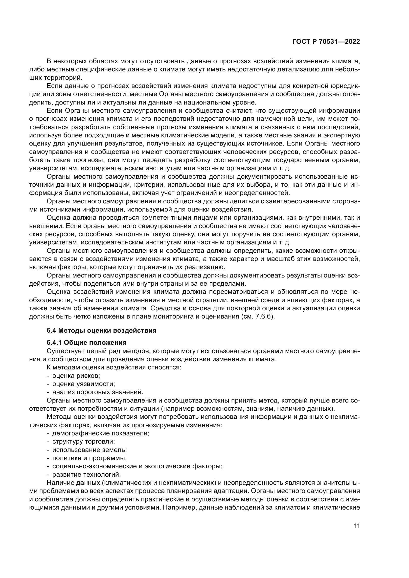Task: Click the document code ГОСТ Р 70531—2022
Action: [326, 42]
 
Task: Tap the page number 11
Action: [357, 526]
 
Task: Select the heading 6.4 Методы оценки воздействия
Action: [101, 331]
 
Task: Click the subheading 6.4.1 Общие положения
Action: [86, 343]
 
